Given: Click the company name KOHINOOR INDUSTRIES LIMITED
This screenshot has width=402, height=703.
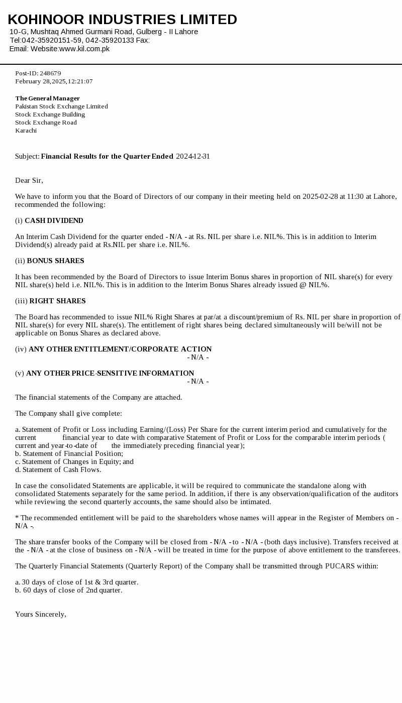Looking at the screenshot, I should [122, 20].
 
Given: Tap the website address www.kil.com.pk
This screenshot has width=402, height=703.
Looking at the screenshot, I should [84, 49].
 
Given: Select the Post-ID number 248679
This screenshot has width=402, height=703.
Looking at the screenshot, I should [50, 73].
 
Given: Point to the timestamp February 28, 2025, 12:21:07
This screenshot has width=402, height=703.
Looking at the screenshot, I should [54, 81].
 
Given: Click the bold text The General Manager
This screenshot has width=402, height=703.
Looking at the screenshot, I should [47, 98].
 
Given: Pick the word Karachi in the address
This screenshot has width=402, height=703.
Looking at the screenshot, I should [26, 131].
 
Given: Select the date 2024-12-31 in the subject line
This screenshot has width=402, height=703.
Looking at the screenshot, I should [193, 156].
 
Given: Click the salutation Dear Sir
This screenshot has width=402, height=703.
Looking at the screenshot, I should [29, 180].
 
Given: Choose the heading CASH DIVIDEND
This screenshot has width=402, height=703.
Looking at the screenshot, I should [54, 220].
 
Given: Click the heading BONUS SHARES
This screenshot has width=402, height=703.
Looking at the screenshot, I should [55, 261].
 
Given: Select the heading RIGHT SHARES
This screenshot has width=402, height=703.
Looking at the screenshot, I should [57, 301].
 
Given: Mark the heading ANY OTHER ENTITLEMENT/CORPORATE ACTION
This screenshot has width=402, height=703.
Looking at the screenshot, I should [120, 349].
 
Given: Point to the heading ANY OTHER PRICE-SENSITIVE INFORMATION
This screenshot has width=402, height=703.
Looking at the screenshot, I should [110, 373].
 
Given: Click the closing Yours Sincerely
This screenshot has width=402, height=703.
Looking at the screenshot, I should [40, 614].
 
